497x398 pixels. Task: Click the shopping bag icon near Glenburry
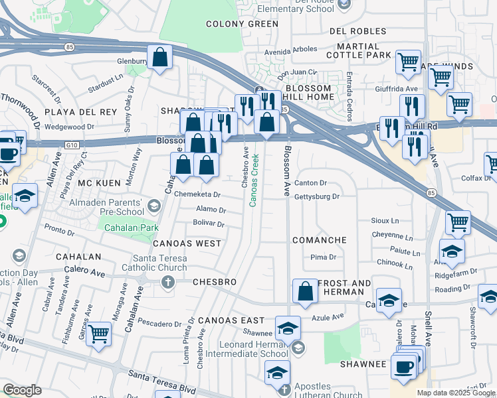pyautogui.click(x=160, y=57)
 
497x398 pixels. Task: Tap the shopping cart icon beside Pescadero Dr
pyautogui.click(x=98, y=334)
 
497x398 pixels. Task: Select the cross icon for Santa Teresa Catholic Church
pyautogui.click(x=167, y=282)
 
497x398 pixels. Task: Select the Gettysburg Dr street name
pyautogui.click(x=316, y=196)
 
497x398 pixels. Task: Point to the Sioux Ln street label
pyautogui.click(x=385, y=220)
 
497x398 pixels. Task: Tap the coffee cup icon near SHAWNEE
pyautogui.click(x=403, y=367)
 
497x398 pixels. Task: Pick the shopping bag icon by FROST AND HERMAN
pyautogui.click(x=305, y=291)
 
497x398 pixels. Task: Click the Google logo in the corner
pyautogui.click(x=22, y=390)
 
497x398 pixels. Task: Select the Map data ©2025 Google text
pyautogui.click(x=455, y=393)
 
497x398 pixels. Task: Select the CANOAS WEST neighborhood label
pyautogui.click(x=187, y=243)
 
